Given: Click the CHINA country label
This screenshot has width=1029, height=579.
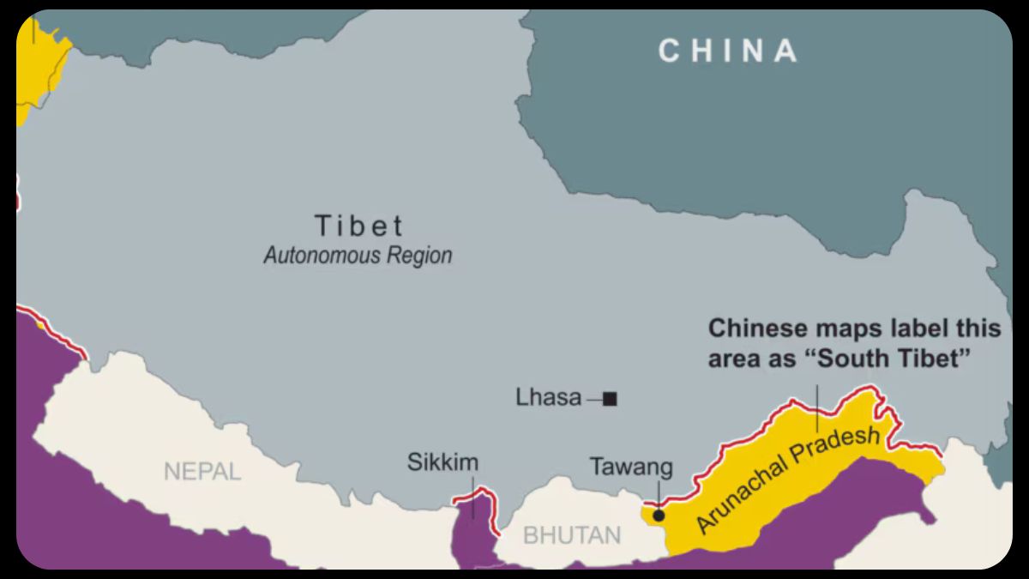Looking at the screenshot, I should pyautogui.click(x=728, y=51).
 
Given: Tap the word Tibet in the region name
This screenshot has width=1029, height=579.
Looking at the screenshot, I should pyautogui.click(x=358, y=226).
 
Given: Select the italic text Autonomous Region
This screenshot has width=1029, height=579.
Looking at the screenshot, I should pyautogui.click(x=358, y=256).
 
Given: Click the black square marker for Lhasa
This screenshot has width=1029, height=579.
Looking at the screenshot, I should pyautogui.click(x=610, y=398).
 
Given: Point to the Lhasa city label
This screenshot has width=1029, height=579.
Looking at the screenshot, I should pyautogui.click(x=549, y=398).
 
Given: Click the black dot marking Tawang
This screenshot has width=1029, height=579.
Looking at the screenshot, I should pyautogui.click(x=658, y=516).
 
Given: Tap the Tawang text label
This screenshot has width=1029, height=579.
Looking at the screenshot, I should pyautogui.click(x=631, y=467).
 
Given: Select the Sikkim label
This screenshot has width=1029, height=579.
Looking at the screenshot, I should pyautogui.click(x=442, y=463).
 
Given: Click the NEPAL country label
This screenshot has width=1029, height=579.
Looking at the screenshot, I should pyautogui.click(x=202, y=471).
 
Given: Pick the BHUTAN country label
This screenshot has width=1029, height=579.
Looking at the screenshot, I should pyautogui.click(x=572, y=536).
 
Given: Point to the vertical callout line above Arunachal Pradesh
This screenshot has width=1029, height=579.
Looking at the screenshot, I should pyautogui.click(x=817, y=407).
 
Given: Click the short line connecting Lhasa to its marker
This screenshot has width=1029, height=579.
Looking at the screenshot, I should pyautogui.click(x=593, y=399).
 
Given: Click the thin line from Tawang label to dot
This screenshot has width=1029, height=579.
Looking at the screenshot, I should pyautogui.click(x=658, y=494).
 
